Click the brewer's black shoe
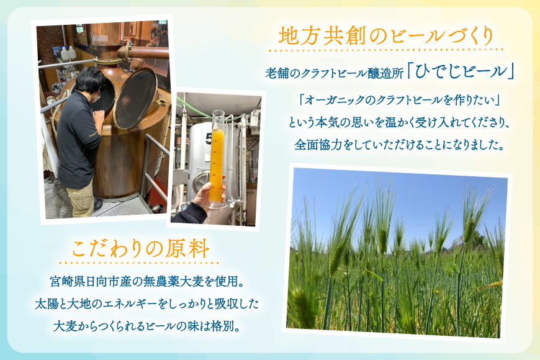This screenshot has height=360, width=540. (x=97, y=203)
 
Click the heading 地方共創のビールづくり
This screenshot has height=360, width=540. (x=386, y=35)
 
